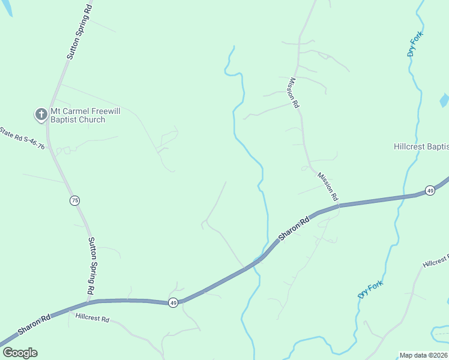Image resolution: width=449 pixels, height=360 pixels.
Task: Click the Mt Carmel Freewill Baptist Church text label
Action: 77,115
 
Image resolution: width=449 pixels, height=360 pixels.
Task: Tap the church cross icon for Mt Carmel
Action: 41,113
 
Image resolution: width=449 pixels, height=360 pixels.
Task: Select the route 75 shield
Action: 74,200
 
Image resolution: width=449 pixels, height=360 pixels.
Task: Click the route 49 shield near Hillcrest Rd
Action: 173,303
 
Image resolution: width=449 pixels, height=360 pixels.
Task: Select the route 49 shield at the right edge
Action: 430,190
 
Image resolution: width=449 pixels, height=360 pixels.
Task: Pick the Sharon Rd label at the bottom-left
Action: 33,323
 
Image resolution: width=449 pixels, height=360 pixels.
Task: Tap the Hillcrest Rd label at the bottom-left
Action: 92,319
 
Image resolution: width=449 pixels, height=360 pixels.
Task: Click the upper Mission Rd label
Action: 294,92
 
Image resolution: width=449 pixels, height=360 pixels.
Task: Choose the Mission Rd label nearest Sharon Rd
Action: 328,187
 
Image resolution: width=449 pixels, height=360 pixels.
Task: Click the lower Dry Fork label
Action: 370,290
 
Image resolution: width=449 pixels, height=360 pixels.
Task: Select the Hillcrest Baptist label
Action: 421,146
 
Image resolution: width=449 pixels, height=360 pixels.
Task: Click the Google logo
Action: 20,353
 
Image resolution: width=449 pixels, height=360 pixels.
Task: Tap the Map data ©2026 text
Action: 423,355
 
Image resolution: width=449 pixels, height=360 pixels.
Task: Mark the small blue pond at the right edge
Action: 444,100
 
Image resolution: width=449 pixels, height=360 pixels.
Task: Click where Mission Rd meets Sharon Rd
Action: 339,206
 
